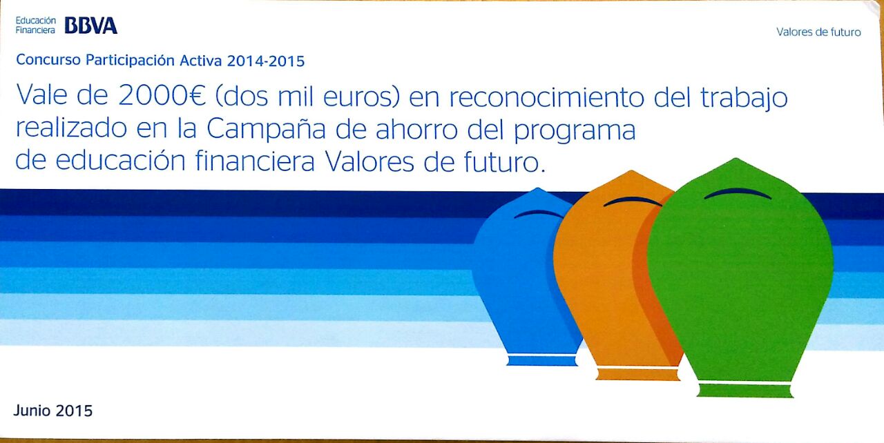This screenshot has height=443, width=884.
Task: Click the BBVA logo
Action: click(90, 26)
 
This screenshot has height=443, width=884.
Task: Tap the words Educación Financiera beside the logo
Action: click(35, 26)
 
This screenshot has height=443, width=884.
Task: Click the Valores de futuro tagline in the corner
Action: click(818, 32)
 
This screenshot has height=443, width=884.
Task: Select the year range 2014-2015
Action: click(266, 61)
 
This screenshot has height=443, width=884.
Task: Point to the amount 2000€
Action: click(162, 97)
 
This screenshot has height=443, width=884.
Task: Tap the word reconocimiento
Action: click(547, 97)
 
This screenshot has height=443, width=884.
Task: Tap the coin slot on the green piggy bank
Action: click(737, 194)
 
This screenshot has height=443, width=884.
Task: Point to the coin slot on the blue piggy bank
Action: click(539, 214)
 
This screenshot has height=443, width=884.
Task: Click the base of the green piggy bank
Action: click(744, 390)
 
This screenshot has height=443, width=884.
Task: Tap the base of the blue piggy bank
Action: click(541, 360)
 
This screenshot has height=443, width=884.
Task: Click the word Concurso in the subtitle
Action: click(48, 61)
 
